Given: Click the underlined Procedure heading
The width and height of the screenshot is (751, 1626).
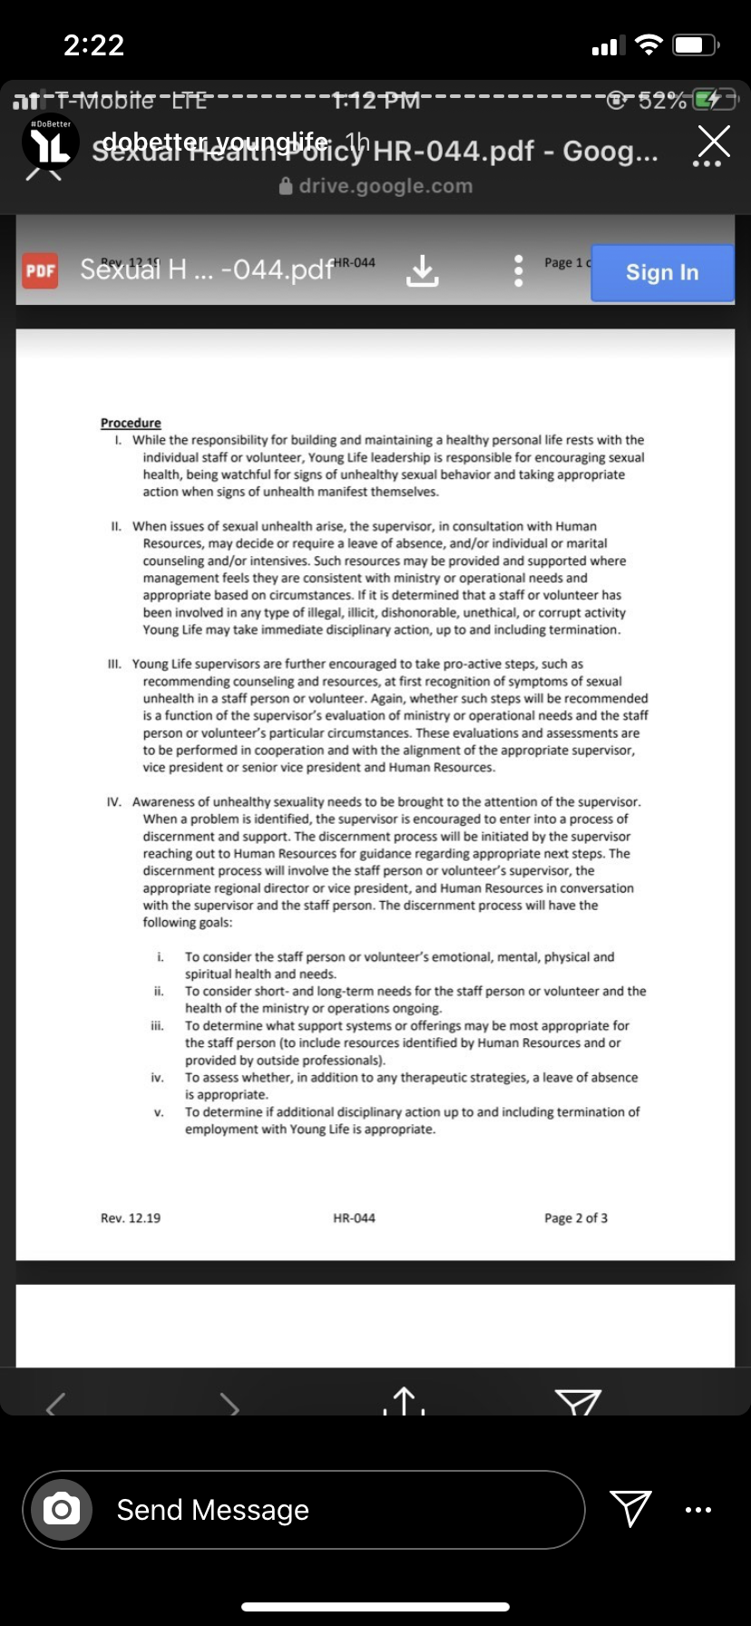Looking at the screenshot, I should point(131,423).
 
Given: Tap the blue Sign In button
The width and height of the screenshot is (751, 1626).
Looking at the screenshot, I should point(662,272).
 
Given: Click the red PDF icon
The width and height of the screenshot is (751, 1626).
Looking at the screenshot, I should point(40,270).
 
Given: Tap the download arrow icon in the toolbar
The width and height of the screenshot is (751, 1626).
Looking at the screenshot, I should point(422,270).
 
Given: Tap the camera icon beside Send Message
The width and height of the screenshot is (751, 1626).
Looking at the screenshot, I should point(62,1510).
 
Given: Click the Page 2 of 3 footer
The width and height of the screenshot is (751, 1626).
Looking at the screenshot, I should point(576,1218).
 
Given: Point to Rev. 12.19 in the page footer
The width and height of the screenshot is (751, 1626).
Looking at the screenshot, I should point(131,1218).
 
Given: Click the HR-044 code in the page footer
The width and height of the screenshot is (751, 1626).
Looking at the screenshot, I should point(354,1218).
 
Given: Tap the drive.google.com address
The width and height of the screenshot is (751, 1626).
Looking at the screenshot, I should point(385,186).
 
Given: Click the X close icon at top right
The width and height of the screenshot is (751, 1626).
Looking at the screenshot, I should point(714,142).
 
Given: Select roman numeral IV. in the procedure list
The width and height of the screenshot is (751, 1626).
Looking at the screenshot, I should point(114,802).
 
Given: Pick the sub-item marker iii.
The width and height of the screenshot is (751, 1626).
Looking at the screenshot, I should point(157,1025).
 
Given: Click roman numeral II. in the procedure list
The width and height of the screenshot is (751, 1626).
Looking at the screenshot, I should point(116,526).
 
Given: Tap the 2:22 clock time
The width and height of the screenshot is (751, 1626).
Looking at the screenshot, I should point(93,45).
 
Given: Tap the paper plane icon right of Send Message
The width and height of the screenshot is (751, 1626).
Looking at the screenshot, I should point(630,1508).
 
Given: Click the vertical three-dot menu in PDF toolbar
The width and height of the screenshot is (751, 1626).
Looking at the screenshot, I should point(518,270).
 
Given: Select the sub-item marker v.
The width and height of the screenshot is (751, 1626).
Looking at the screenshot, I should point(159,1112).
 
